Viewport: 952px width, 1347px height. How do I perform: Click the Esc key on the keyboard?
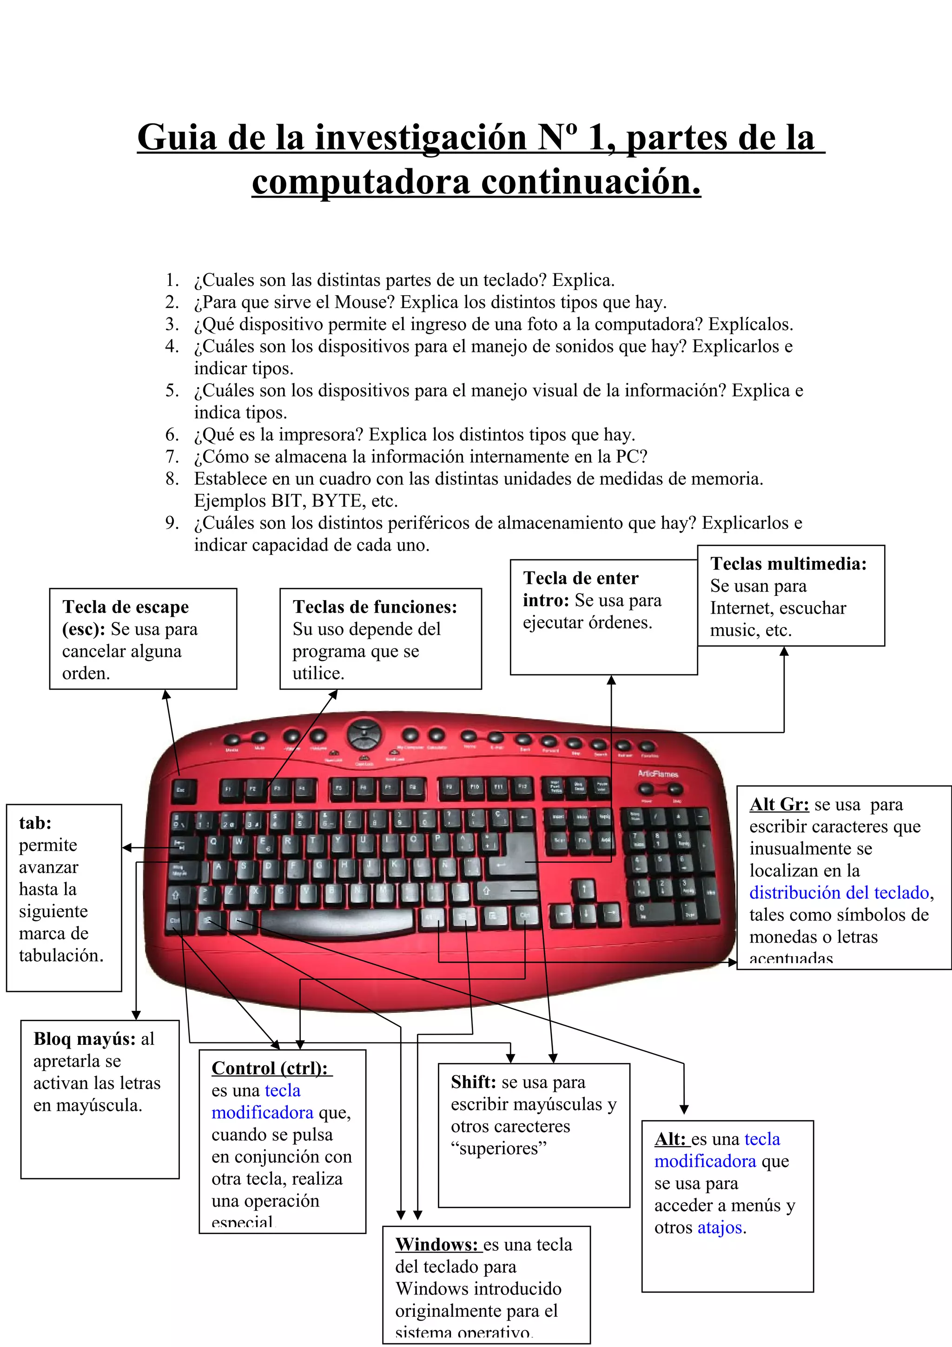coord(181,790)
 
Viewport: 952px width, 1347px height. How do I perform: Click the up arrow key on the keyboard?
coord(584,889)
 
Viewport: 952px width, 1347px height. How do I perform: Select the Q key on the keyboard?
coord(213,841)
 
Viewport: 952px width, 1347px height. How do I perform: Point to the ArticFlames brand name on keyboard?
coord(658,774)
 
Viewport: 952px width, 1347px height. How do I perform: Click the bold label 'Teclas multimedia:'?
coord(788,564)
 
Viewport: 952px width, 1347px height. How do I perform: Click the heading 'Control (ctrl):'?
coord(270,1068)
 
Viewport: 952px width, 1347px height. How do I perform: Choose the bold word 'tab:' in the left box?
coord(35,823)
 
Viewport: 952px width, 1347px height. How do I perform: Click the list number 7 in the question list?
coord(172,456)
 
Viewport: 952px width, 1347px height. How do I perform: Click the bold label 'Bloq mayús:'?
coord(85,1038)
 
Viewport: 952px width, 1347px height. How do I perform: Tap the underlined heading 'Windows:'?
coord(436,1244)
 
